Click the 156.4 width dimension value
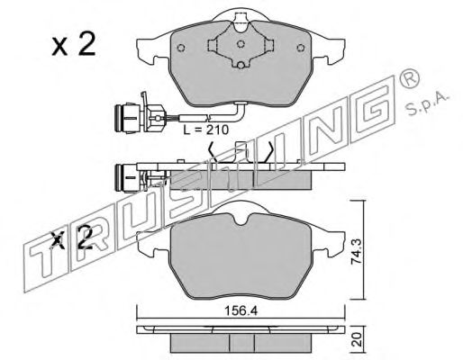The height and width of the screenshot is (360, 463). coord(241,311)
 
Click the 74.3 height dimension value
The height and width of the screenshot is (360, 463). coord(356,251)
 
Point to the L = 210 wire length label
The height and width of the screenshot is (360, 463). coord(205,130)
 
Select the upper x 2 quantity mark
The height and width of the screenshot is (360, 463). coord(74,44)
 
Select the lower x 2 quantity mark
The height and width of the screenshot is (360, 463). coord(72,238)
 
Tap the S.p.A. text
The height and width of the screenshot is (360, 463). coord(427,105)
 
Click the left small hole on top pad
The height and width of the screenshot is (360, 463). coord(181,48)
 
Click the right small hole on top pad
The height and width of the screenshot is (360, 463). coord(300,48)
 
